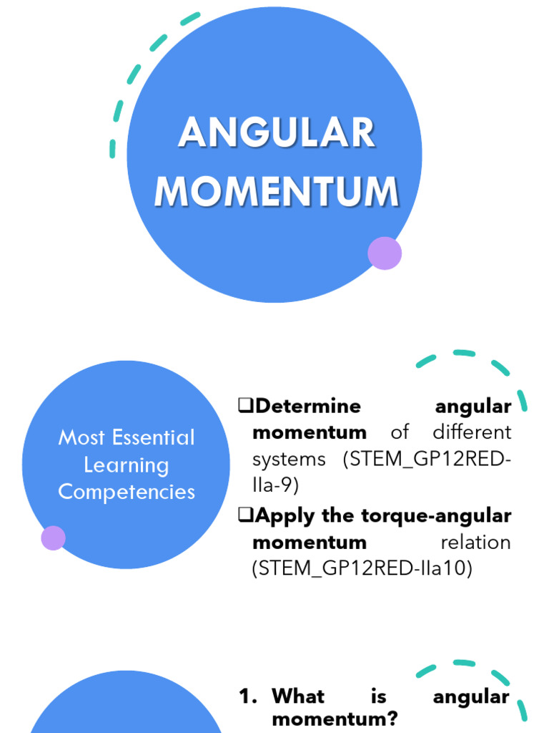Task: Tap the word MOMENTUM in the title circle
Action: pyautogui.click(x=277, y=191)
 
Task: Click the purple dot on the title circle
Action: pyautogui.click(x=385, y=253)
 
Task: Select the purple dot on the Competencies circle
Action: pyautogui.click(x=53, y=538)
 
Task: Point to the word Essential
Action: pyautogui.click(x=152, y=437)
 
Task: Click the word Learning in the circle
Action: pyautogui.click(x=127, y=465)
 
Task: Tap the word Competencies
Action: pyautogui.click(x=127, y=492)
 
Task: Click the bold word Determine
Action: pyautogui.click(x=308, y=407)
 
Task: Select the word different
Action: pyautogui.click(x=472, y=432)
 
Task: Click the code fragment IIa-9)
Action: pyautogui.click(x=275, y=485)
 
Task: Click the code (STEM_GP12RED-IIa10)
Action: pyautogui.click(x=362, y=568)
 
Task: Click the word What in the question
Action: pyautogui.click(x=298, y=696)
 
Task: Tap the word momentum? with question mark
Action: pyautogui.click(x=335, y=720)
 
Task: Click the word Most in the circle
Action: pyautogui.click(x=81, y=437)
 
